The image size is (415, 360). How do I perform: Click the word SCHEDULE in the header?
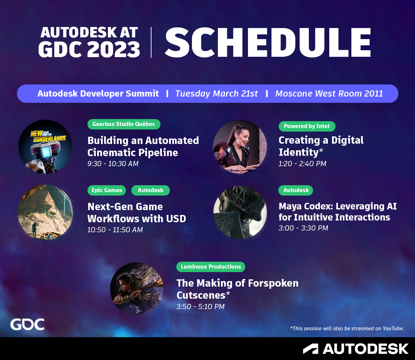[x=268, y=43]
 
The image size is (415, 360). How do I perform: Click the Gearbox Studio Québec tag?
[x=124, y=124]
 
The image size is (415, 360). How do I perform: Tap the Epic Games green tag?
[x=107, y=190]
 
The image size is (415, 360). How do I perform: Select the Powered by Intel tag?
[x=307, y=126]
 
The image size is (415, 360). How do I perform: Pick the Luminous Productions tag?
[x=211, y=267]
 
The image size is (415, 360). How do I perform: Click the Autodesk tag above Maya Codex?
[x=296, y=190]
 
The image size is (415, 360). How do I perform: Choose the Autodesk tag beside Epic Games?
[x=150, y=190]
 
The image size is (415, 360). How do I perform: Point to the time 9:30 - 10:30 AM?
[x=113, y=164]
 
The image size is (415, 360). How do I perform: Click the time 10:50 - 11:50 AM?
[x=115, y=230]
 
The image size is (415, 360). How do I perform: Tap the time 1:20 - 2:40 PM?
[x=302, y=164]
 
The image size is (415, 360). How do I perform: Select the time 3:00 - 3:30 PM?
[x=303, y=228]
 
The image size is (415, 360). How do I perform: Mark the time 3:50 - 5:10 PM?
[x=201, y=307]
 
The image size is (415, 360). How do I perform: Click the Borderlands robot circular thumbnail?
[x=45, y=147]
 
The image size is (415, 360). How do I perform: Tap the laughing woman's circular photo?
[x=240, y=147]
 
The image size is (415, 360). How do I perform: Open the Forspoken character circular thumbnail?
[x=137, y=289]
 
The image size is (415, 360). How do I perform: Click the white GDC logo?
[x=27, y=324]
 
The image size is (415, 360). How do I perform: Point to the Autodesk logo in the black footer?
[x=356, y=349]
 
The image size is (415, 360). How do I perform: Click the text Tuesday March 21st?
[x=216, y=94]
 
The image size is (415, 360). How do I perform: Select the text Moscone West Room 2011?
[x=329, y=94]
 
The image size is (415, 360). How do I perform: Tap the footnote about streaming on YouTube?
[x=347, y=328]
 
